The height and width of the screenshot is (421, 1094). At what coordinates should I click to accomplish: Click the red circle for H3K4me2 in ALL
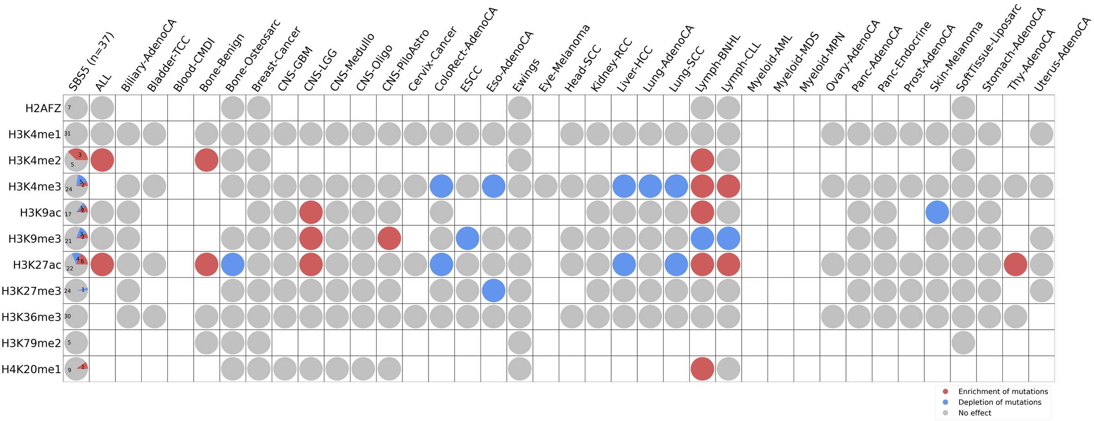[x=102, y=160]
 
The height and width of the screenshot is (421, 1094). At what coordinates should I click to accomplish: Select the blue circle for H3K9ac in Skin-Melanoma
[x=937, y=213]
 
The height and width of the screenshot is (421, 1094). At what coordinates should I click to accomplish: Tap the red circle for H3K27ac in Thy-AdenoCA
[x=1015, y=265]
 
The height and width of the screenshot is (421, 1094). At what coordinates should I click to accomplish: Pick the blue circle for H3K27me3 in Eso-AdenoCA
[x=493, y=291]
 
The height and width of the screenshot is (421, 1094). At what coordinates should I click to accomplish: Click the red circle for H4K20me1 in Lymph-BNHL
[x=702, y=369]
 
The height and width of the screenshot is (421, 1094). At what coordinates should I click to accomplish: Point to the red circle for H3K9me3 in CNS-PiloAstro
[x=389, y=239]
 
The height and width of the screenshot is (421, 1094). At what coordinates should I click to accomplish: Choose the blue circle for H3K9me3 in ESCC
[x=467, y=239]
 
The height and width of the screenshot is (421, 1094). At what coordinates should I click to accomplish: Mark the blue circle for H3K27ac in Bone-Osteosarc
[x=232, y=265]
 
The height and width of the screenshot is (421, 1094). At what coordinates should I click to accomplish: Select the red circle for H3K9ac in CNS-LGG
[x=311, y=213]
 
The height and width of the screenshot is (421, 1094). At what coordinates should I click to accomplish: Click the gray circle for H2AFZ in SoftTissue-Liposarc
[x=963, y=108]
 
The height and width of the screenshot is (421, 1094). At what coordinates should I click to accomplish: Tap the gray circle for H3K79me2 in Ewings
[x=520, y=343]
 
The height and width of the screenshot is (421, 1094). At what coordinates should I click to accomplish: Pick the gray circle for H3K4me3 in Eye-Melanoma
[x=546, y=186]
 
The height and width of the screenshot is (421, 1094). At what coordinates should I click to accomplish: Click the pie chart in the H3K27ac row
[x=76, y=265]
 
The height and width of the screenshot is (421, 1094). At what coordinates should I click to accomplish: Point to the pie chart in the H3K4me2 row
[x=76, y=160]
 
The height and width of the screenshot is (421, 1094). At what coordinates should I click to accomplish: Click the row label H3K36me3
[x=31, y=317]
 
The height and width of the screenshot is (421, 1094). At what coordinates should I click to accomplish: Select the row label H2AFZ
[x=43, y=108]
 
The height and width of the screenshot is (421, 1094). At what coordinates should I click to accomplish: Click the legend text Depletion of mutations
[x=1000, y=402]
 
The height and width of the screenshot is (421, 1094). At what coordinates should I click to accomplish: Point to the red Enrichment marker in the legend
[x=945, y=391]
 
